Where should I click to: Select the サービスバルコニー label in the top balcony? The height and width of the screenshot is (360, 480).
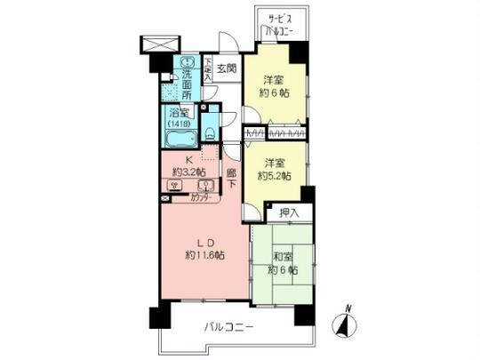pos(283,26)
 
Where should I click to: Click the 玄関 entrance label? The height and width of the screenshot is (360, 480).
pos(226,68)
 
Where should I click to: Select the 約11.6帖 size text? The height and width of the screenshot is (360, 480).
pos(205,255)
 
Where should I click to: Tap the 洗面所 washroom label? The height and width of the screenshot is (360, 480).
pos(188,78)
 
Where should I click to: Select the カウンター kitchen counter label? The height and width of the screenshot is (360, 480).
pos(204,198)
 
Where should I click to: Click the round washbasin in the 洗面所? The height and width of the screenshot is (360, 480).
pos(187,63)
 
